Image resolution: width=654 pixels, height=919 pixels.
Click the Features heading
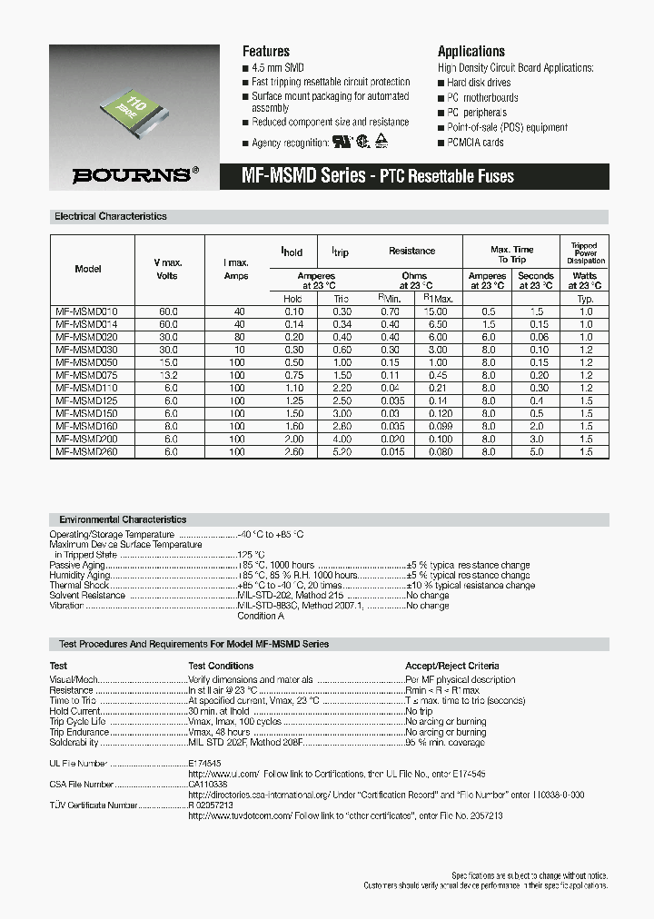tap(265, 52)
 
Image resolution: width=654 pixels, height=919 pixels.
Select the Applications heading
tap(471, 52)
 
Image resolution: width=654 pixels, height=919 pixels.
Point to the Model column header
tap(88, 269)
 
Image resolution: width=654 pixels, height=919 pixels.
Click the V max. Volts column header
tap(167, 269)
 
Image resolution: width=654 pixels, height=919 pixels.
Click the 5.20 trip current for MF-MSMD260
tap(341, 450)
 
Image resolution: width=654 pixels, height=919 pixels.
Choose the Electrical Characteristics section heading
tap(111, 217)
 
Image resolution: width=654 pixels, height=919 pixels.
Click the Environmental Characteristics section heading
tap(123, 519)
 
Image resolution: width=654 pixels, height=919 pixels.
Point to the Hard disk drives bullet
tap(477, 83)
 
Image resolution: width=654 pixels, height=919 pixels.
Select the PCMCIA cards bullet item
tap(474, 143)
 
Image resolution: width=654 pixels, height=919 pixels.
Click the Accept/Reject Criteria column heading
tap(451, 666)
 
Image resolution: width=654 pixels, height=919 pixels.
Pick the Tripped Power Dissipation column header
tap(584, 253)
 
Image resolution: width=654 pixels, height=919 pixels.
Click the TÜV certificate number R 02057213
tap(211, 805)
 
